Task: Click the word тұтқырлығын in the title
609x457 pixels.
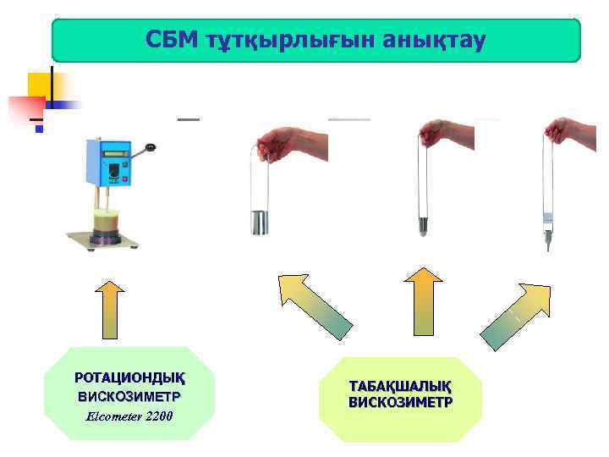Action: click(288, 40)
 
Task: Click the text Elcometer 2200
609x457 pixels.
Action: click(129, 416)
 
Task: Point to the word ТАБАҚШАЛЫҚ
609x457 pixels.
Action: click(400, 386)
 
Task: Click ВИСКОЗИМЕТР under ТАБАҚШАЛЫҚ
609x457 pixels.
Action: click(400, 402)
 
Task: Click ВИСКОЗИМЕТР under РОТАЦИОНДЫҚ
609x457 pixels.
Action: click(129, 395)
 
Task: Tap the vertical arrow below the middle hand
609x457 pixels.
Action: click(423, 301)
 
